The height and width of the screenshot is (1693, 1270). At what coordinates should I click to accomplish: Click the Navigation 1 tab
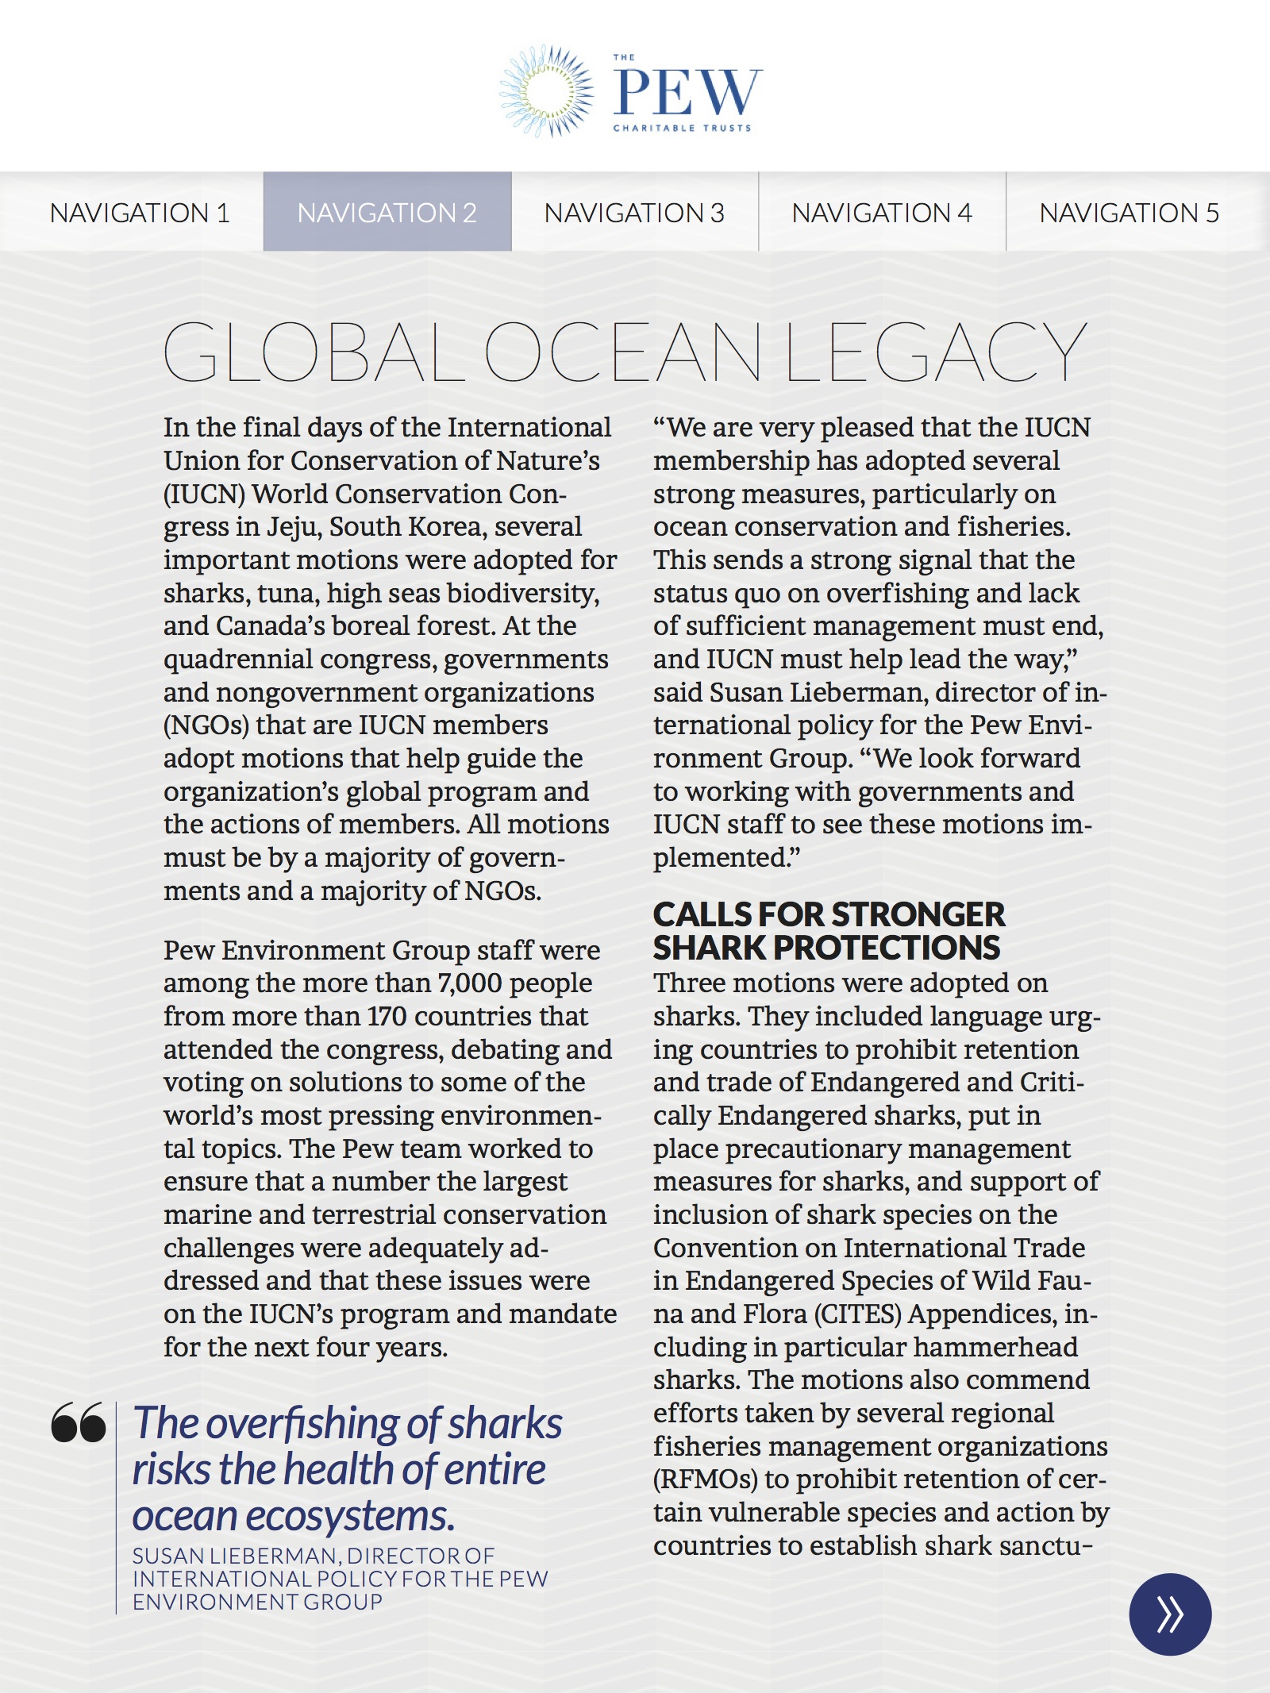tap(140, 213)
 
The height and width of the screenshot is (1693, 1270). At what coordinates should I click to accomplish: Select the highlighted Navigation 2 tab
tap(387, 213)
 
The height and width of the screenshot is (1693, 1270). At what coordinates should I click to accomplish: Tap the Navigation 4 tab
tap(881, 213)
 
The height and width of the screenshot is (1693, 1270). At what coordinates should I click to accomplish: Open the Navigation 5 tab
tap(1129, 213)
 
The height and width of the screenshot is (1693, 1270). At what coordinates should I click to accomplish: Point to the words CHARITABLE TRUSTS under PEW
tap(682, 128)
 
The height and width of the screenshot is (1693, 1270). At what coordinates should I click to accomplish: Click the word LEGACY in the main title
tap(935, 352)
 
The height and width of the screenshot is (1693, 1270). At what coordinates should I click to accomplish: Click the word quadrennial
tap(238, 660)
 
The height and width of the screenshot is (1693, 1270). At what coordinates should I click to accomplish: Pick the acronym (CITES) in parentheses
tap(858, 1314)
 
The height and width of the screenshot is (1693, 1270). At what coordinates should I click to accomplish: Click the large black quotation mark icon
tap(79, 1422)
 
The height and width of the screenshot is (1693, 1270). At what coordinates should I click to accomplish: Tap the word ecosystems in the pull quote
tap(350, 1516)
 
